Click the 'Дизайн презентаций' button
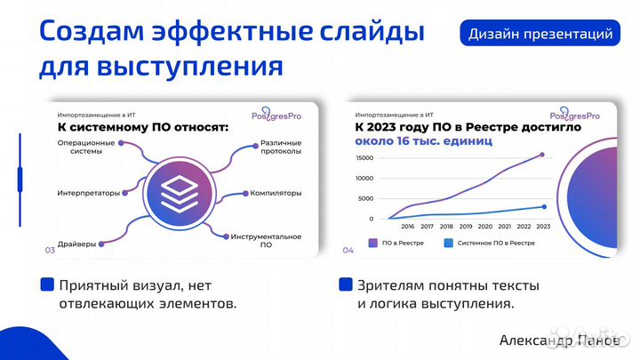pyautogui.click(x=540, y=35)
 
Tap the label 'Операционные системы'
pyautogui.click(x=86, y=147)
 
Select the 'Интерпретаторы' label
pyautogui.click(x=88, y=193)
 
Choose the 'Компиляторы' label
pyautogui.click(x=276, y=193)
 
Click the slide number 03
pyautogui.click(x=50, y=251)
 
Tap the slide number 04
pyautogui.click(x=348, y=251)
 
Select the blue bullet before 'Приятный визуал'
pyautogui.click(x=47, y=285)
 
